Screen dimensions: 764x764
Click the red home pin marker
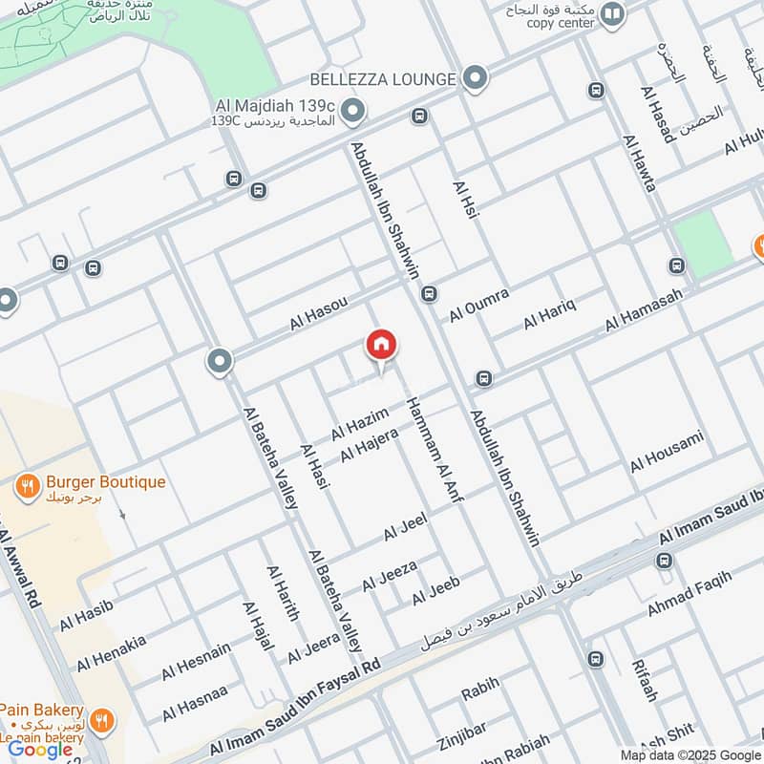click(381, 346)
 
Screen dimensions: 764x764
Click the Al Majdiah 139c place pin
click(353, 112)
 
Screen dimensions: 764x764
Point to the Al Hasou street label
click(318, 314)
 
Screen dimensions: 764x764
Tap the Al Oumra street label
click(479, 303)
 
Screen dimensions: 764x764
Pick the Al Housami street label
click(667, 452)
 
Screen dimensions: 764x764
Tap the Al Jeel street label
click(405, 526)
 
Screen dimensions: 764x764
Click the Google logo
click(40, 749)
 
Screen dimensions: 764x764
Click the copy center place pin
click(613, 14)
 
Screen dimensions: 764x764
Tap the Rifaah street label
click(644, 680)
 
